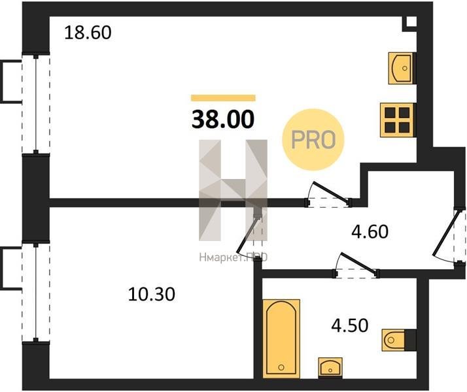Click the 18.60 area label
coord(88,33)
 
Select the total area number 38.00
coord(223,120)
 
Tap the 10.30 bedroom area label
coord(151,294)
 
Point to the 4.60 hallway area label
coord(370,232)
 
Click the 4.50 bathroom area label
coord(350,325)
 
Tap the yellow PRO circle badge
coord(313,140)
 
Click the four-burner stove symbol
coord(397,120)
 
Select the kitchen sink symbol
coord(401,68)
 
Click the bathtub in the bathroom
coord(281,338)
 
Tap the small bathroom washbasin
coord(330,368)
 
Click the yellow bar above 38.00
coord(223,98)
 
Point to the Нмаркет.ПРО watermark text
coord(233,257)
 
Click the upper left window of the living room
coord(36,103)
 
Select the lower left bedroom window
coord(36,292)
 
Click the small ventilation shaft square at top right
coord(411,22)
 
